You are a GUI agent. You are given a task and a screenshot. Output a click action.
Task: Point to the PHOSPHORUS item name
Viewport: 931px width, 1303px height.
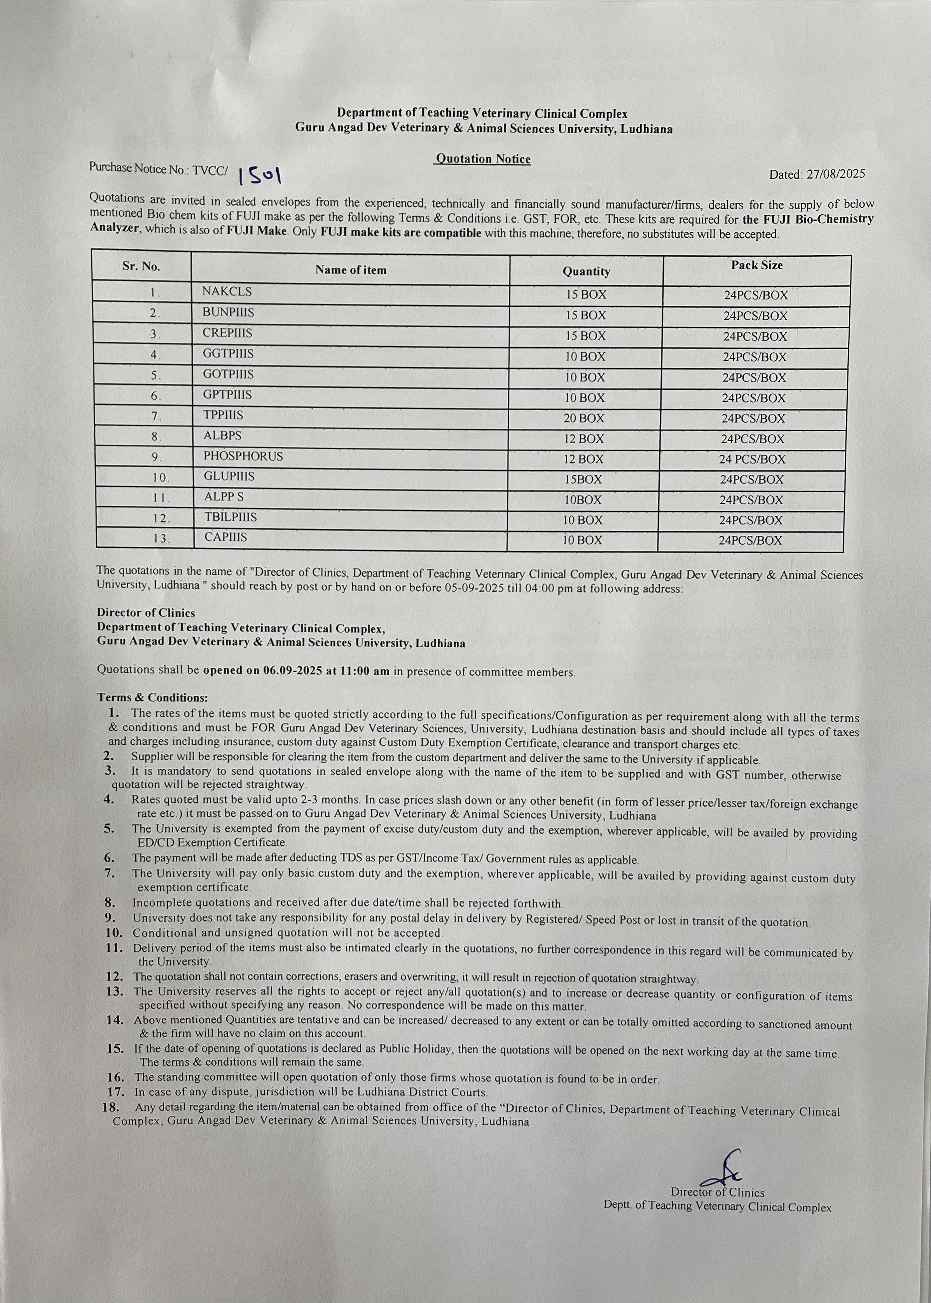[243, 456]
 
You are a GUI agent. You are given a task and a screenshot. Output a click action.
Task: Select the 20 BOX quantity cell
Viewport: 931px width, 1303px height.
[583, 418]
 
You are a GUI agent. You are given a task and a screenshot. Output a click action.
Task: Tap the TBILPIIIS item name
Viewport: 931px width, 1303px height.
[231, 517]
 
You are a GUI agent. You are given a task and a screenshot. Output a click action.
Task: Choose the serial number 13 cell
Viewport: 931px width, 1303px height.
[161, 538]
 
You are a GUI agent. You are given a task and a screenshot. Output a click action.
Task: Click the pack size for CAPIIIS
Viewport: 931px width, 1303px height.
[750, 540]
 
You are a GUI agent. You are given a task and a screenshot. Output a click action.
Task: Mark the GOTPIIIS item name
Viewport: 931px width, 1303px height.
[228, 374]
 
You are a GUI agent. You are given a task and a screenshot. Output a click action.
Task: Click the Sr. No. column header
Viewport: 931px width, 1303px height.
[141, 267]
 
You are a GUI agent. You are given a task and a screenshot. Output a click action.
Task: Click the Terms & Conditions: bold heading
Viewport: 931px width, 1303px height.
[152, 697]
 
